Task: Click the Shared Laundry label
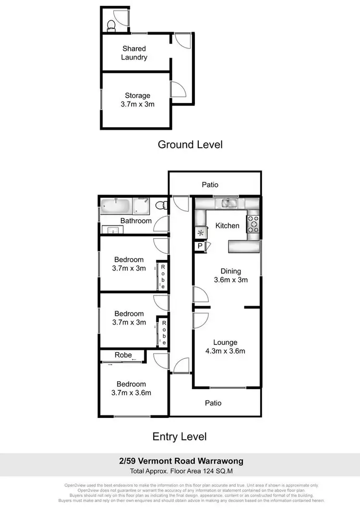coord(134,53)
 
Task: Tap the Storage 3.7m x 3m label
coord(137,100)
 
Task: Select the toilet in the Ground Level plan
coord(111,25)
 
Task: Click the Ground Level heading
coord(190,144)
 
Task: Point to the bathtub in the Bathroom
coord(116,206)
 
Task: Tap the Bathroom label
coord(136,221)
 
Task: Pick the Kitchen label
coord(227,225)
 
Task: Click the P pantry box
coord(199,246)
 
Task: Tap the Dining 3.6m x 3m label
coord(230,275)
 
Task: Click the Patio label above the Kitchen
coord(210,185)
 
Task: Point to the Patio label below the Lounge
coord(213,403)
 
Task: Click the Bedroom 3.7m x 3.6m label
coord(131,389)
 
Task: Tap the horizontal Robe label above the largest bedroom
coord(123,355)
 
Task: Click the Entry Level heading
coord(180,437)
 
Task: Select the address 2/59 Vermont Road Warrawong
coord(181,461)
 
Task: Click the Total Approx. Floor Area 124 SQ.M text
coord(181,471)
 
